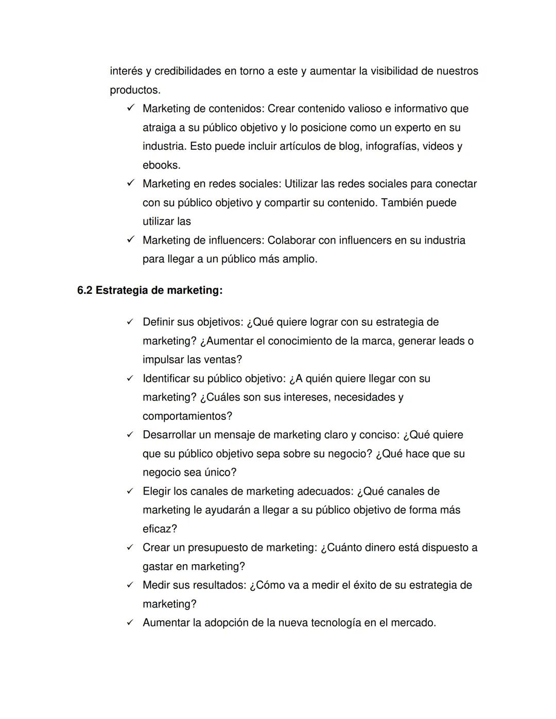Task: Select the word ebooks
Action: pyautogui.click(x=161, y=165)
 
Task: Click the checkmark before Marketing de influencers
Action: pyautogui.click(x=131, y=239)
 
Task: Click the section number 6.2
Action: pyautogui.click(x=85, y=290)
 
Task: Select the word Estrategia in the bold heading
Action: pyautogui.click(x=121, y=290)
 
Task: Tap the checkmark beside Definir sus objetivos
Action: pyautogui.click(x=131, y=322)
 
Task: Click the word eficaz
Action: pyautogui.click(x=159, y=529)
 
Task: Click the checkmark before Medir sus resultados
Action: pyautogui.click(x=131, y=585)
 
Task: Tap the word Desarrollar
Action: pyautogui.click(x=169, y=435)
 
